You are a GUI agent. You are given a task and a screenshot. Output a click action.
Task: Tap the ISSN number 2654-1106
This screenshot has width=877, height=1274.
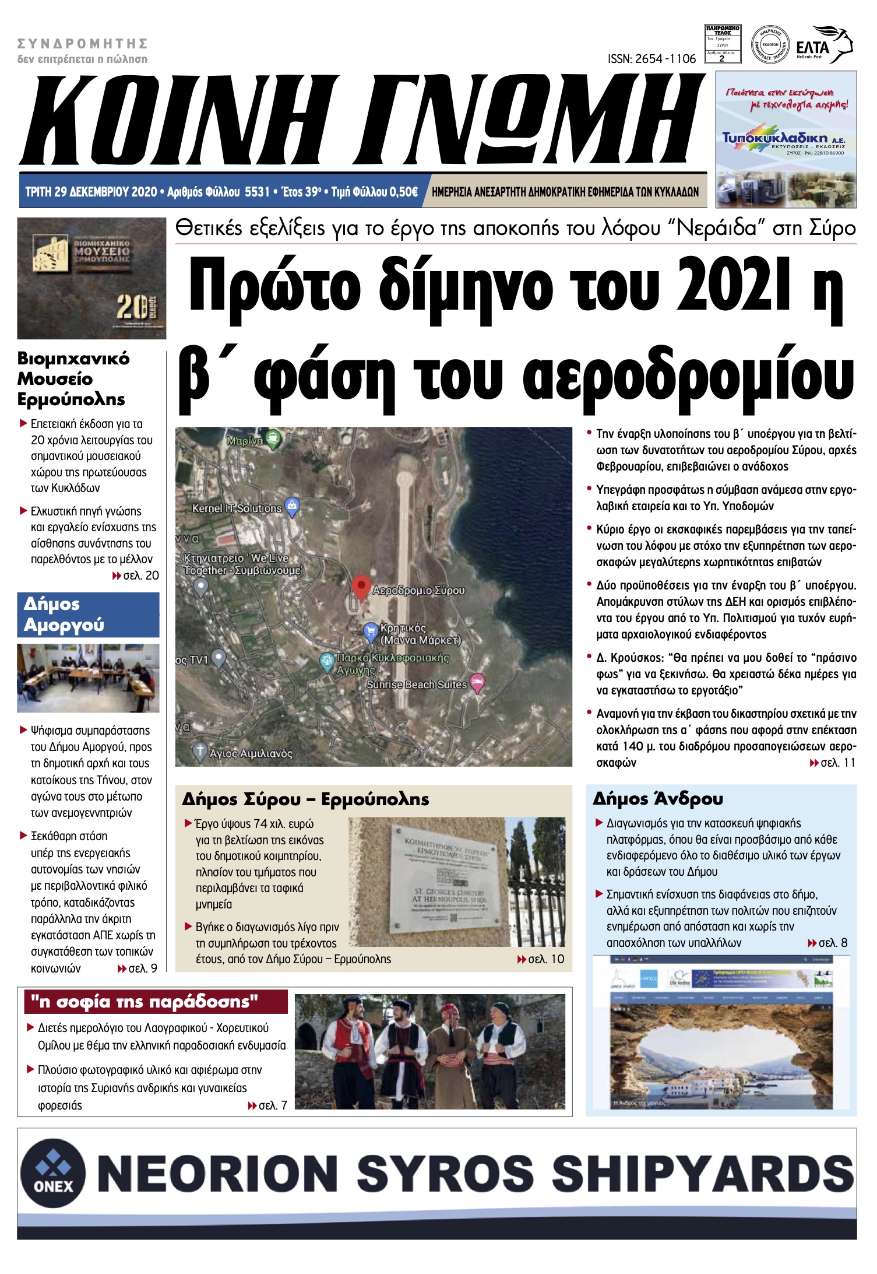(651, 59)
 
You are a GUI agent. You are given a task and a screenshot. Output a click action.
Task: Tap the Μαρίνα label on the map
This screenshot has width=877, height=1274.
(245, 441)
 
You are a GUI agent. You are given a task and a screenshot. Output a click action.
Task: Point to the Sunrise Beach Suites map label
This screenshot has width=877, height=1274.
(416, 685)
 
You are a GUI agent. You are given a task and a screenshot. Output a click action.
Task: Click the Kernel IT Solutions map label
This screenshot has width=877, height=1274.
(237, 508)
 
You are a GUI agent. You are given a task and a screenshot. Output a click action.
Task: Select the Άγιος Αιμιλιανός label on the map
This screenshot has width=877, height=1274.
(251, 753)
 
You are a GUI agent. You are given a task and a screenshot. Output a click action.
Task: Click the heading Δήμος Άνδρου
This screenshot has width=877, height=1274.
(657, 798)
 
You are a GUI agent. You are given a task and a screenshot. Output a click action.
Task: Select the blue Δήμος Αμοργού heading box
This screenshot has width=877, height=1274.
(88, 615)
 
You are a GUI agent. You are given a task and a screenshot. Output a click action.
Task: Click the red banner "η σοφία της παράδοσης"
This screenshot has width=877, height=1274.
(156, 1002)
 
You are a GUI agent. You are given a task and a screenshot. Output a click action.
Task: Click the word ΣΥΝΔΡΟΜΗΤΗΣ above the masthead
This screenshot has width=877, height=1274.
(82, 44)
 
